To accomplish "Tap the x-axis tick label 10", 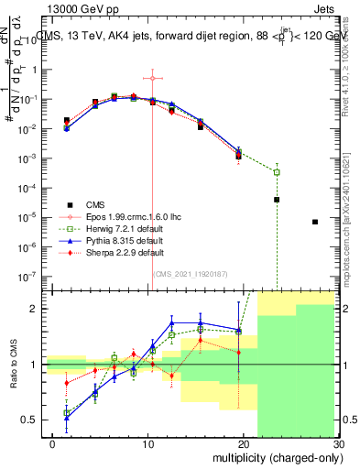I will pyautogui.click(x=147, y=444).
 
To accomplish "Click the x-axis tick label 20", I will pyautogui.click(x=243, y=444).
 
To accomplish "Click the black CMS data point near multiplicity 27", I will pyautogui.click(x=314, y=222).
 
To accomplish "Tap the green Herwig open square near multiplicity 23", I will pyautogui.click(x=277, y=171).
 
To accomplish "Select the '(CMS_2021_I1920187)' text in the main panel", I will pyautogui.click(x=190, y=273).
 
